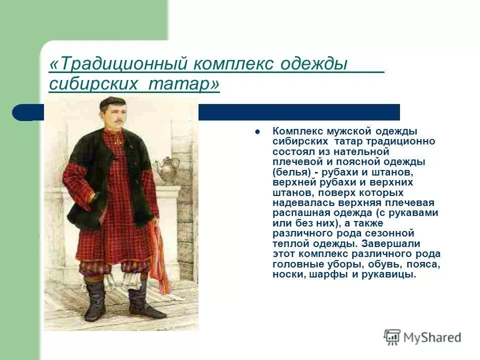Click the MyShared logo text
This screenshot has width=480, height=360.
click(432, 337)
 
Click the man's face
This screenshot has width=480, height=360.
click(112, 116)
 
